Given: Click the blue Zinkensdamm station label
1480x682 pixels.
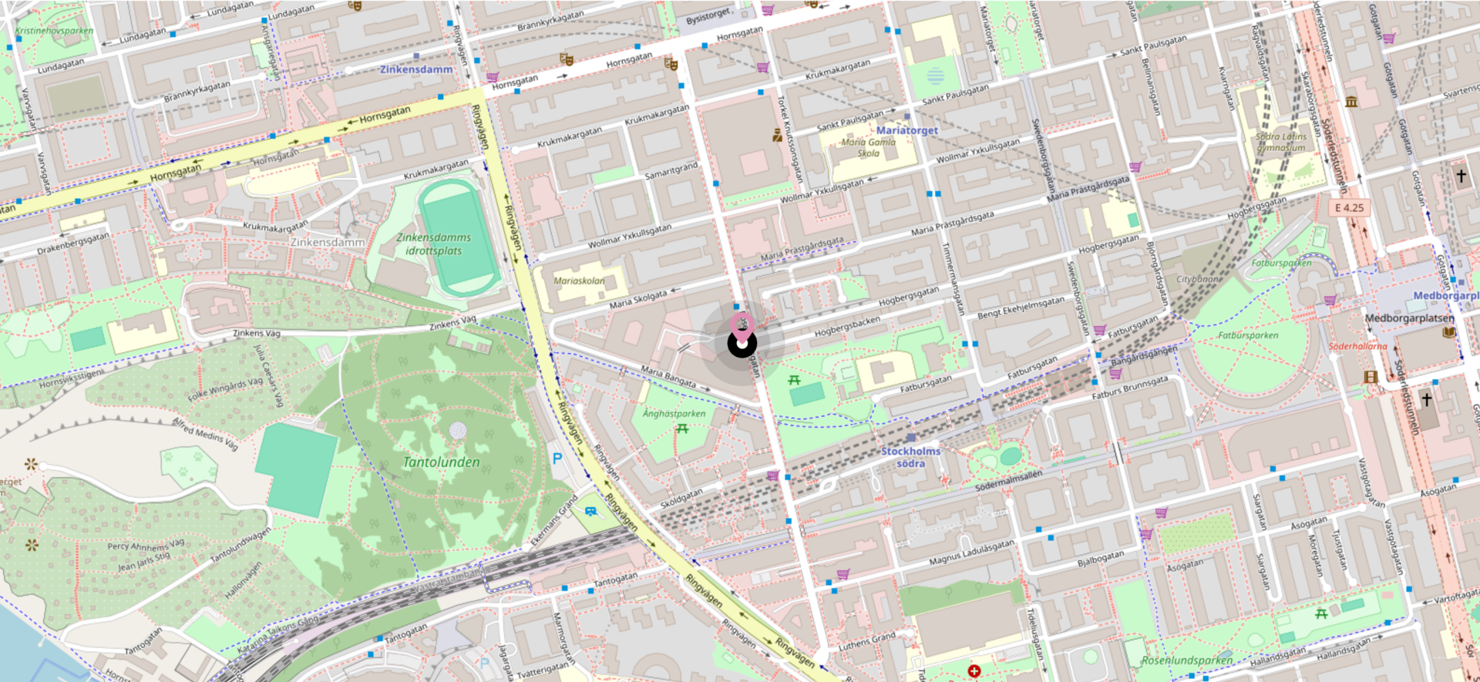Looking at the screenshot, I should (416, 69).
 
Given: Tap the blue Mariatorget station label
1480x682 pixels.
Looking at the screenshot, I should (907, 130).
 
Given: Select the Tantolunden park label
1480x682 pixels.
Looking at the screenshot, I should (442, 462).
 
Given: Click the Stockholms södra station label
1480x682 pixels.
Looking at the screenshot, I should (910, 457).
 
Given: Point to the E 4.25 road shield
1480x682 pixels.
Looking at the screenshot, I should (1349, 207).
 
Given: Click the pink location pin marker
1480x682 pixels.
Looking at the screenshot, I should (742, 324).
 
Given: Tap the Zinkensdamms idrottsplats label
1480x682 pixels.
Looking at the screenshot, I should (434, 244).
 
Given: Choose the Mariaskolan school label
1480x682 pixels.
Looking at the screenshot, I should (579, 281).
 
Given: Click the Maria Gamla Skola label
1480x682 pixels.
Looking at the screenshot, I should (869, 147).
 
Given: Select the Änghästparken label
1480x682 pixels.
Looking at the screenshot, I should (674, 414).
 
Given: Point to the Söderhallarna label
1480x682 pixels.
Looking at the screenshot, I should (1357, 346).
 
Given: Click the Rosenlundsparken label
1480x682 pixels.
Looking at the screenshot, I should (1187, 660).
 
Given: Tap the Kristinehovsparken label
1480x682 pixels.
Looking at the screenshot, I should (54, 31).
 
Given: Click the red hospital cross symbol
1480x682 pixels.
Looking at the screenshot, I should (974, 671).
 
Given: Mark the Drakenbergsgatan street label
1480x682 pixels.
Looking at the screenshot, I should (73, 244).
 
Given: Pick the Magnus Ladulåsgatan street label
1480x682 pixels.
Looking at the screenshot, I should (971, 553).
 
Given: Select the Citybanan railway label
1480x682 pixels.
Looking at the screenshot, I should (1199, 279).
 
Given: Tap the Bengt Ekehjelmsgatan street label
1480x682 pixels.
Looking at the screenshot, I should (1021, 308).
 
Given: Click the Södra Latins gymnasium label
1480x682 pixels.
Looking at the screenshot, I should (1281, 142).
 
